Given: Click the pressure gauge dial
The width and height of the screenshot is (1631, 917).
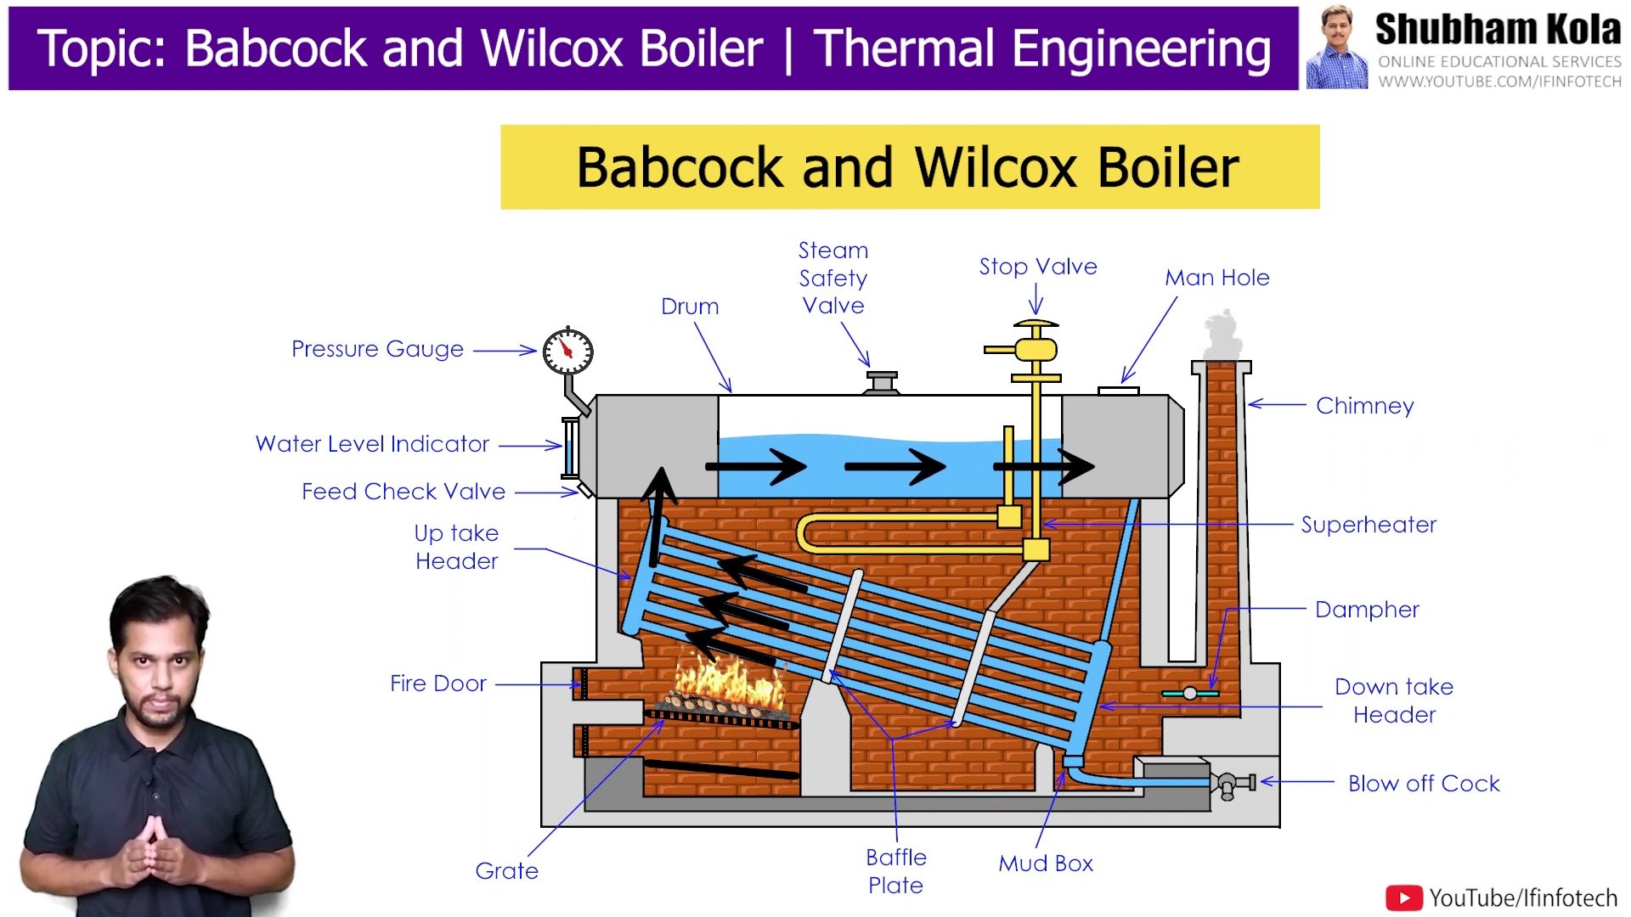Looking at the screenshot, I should coord(568,351).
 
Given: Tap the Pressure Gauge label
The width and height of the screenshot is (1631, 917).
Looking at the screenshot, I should coord(377,349).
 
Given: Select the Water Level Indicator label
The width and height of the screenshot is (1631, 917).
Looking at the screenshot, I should coord(372,444).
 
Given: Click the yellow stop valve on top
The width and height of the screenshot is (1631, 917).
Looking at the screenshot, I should coord(1036,348).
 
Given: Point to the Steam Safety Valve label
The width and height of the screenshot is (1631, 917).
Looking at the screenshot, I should coord(833,278).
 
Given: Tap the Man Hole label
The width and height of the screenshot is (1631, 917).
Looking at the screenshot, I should coord(1216,278).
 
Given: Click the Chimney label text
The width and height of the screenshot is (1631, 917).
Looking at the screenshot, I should coord(1364,406).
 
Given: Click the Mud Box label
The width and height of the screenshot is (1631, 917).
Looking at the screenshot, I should coord(1045,864).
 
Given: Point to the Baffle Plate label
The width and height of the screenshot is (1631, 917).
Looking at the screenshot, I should coord(896,871).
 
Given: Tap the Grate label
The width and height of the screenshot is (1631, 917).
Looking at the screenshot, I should coord(506,871).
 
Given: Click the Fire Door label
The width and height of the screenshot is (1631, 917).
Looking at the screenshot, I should coord(437,684).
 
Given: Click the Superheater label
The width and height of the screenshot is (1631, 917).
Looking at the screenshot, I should coord(1369,525).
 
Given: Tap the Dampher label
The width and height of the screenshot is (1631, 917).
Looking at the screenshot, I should coord(1367,610).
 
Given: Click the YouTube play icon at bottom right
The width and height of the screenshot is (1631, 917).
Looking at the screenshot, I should coord(1403,898).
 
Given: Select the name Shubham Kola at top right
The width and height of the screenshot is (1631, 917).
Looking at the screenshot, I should coord(1498,30).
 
